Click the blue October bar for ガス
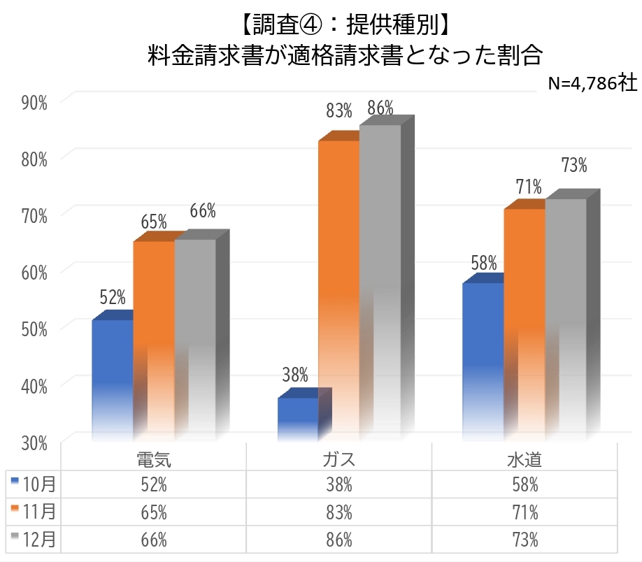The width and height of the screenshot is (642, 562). [x=298, y=419]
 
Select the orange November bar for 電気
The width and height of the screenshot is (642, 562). [x=154, y=336]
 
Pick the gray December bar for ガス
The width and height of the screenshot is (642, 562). [x=380, y=280]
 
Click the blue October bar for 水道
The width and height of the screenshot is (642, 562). [x=483, y=356]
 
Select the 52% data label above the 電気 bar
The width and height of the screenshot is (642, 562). [x=113, y=298]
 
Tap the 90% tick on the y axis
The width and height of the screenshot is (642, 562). [x=34, y=103]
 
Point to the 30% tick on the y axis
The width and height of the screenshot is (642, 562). [x=34, y=442]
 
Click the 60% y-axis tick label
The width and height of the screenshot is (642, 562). [x=34, y=273]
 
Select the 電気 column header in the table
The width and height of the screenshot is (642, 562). [x=154, y=460]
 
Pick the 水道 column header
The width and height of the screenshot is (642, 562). [x=525, y=460]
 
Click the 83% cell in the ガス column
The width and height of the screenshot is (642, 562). [x=339, y=512]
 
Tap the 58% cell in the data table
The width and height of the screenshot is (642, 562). [x=525, y=484]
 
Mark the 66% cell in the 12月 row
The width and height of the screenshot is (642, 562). [x=154, y=539]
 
